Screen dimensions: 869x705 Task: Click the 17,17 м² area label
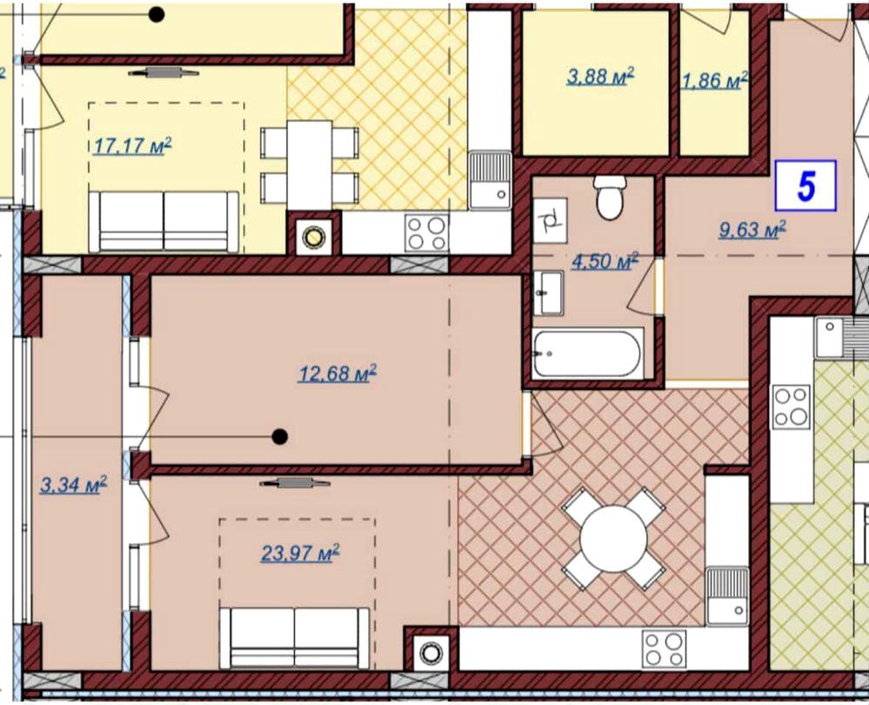click(x=132, y=146)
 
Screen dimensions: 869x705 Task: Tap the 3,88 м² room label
click(x=600, y=76)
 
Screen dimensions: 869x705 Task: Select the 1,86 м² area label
click(x=715, y=81)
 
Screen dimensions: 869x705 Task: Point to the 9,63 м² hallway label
click(x=752, y=229)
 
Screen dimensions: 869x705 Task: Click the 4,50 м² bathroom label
click(x=605, y=261)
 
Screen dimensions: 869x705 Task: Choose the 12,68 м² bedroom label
click(x=338, y=373)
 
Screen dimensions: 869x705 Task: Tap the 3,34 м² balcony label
click(x=73, y=485)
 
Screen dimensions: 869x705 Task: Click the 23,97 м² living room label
click(x=300, y=553)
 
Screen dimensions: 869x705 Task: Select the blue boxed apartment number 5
click(x=805, y=185)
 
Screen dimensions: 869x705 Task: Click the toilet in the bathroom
click(x=610, y=198)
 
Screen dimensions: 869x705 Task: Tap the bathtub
click(x=588, y=353)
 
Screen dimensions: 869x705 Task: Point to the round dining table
click(x=613, y=538)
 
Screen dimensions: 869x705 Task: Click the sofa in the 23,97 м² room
click(x=294, y=638)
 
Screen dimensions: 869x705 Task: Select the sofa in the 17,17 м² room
click(x=164, y=221)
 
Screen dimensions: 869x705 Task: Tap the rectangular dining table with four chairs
click(x=310, y=165)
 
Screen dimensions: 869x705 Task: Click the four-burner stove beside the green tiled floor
click(x=792, y=406)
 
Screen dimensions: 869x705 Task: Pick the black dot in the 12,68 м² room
click(x=280, y=437)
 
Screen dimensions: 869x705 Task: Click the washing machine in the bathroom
click(x=551, y=221)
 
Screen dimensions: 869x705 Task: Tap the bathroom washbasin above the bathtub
click(x=548, y=292)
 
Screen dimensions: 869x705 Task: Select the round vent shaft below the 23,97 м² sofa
click(x=431, y=653)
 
